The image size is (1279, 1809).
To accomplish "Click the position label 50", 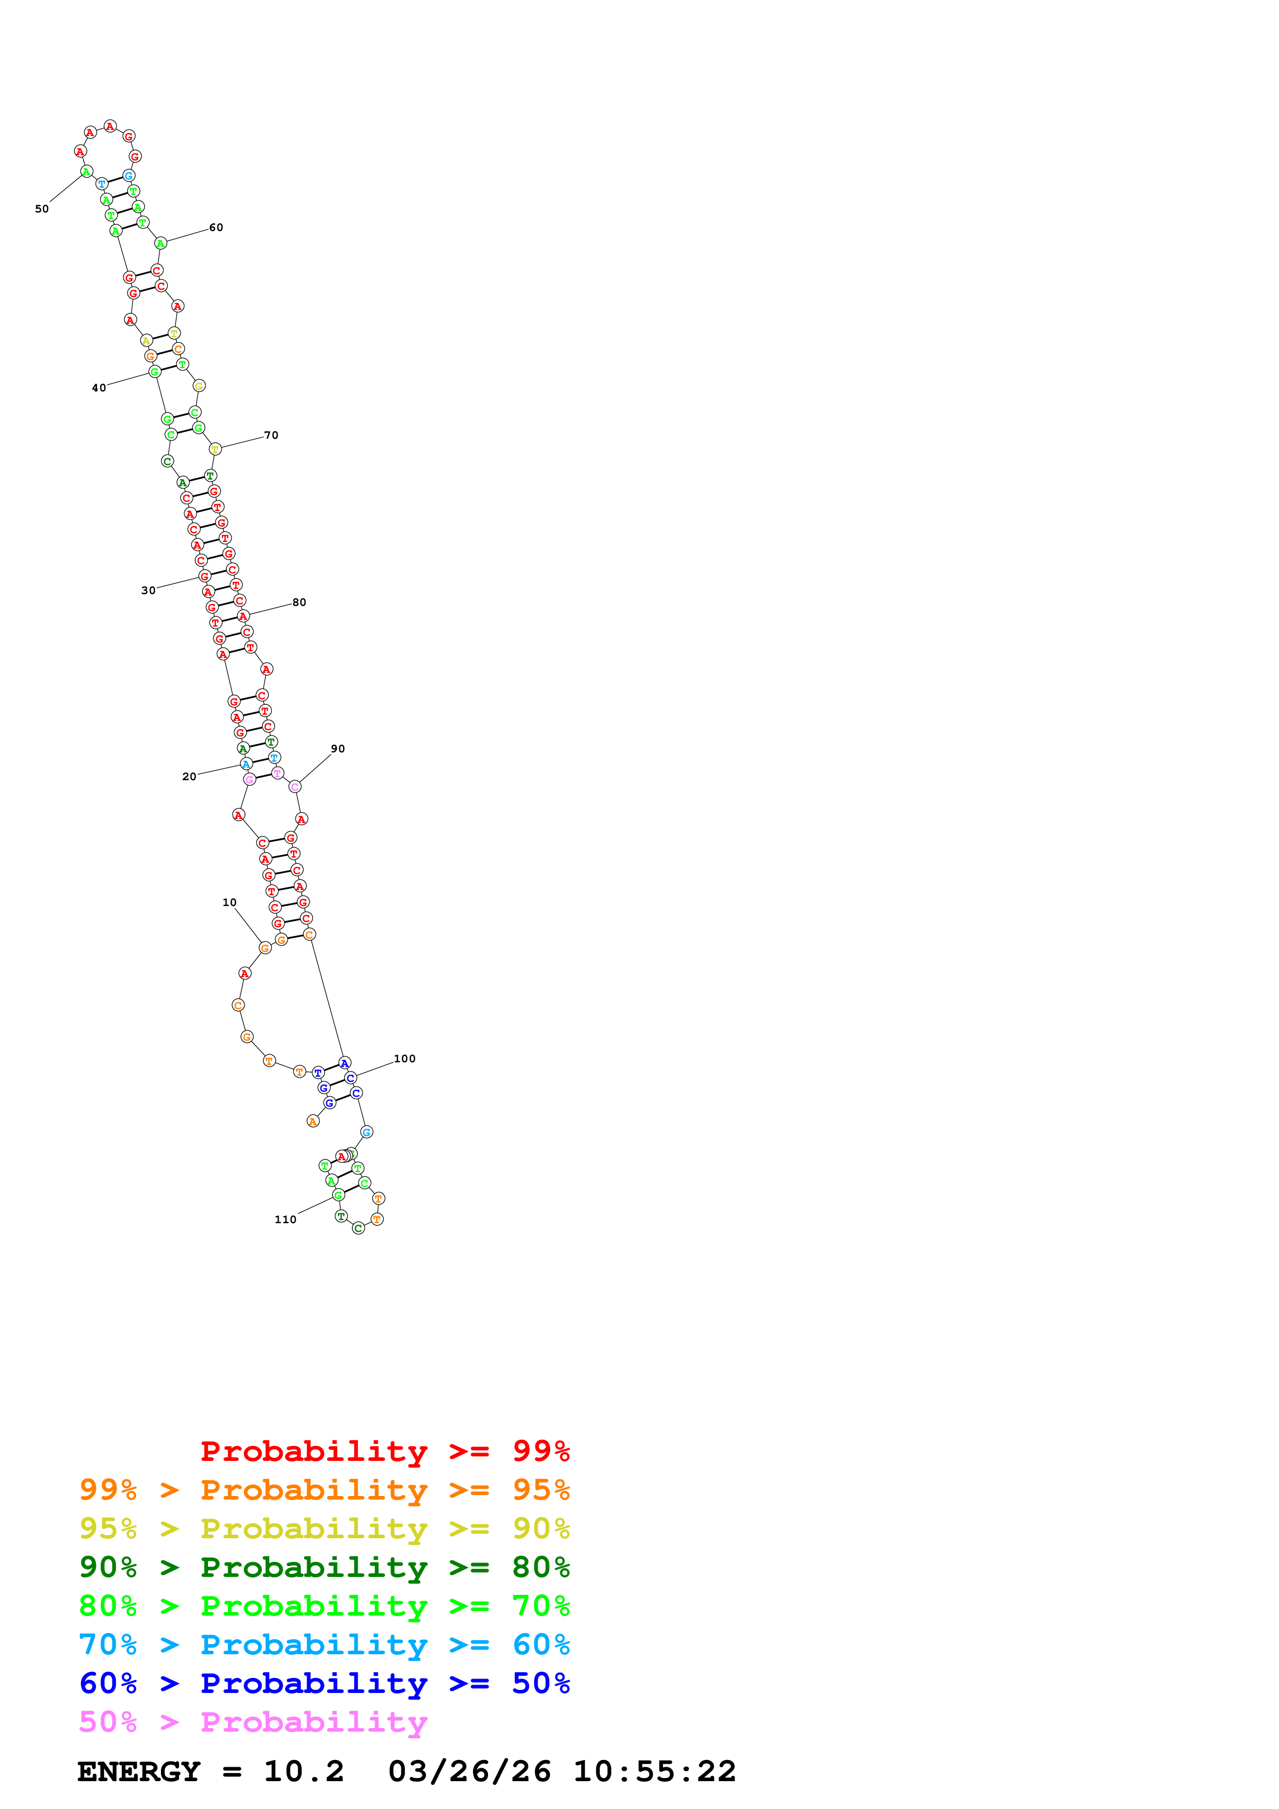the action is click(42, 209).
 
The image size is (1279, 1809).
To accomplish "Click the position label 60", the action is click(216, 228).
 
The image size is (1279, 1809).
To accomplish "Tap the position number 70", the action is click(271, 435).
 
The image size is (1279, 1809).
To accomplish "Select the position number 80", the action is click(299, 602).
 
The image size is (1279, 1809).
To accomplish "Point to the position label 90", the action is click(338, 748).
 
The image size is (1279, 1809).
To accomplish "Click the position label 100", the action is click(404, 1058).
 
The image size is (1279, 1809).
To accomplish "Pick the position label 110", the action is click(285, 1219).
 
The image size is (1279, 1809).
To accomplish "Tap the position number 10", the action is click(229, 902).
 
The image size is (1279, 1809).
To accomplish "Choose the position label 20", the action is click(189, 776).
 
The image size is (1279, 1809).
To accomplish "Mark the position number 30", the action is click(148, 590).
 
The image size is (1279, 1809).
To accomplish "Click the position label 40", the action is click(99, 388).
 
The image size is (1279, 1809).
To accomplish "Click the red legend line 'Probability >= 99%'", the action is click(384, 1451).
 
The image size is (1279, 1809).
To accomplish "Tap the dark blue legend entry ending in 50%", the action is click(324, 1683).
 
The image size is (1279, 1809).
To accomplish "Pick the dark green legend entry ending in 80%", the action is click(324, 1567).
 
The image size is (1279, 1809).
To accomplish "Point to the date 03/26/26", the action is click(469, 1771).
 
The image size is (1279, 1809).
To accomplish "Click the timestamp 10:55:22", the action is click(654, 1771).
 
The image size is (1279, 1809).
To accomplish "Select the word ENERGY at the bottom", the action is click(139, 1771).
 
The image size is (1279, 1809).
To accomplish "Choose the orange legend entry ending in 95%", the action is click(324, 1490).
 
